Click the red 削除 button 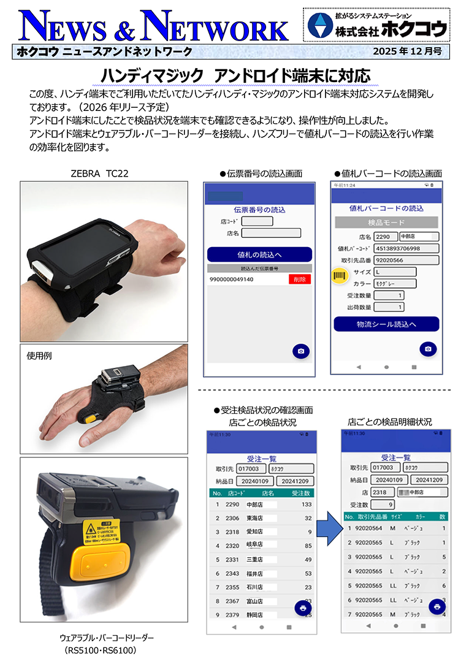pos(299,280)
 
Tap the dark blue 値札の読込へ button pos(259,254)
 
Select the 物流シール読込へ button pos(386,324)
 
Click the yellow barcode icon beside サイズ pos(338,276)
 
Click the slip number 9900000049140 pos(232,280)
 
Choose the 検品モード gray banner pos(386,222)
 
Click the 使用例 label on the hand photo pos(40,355)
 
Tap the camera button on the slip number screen pos(300,351)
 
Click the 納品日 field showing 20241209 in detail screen pos(429,480)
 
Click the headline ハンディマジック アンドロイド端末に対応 pos(235,75)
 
